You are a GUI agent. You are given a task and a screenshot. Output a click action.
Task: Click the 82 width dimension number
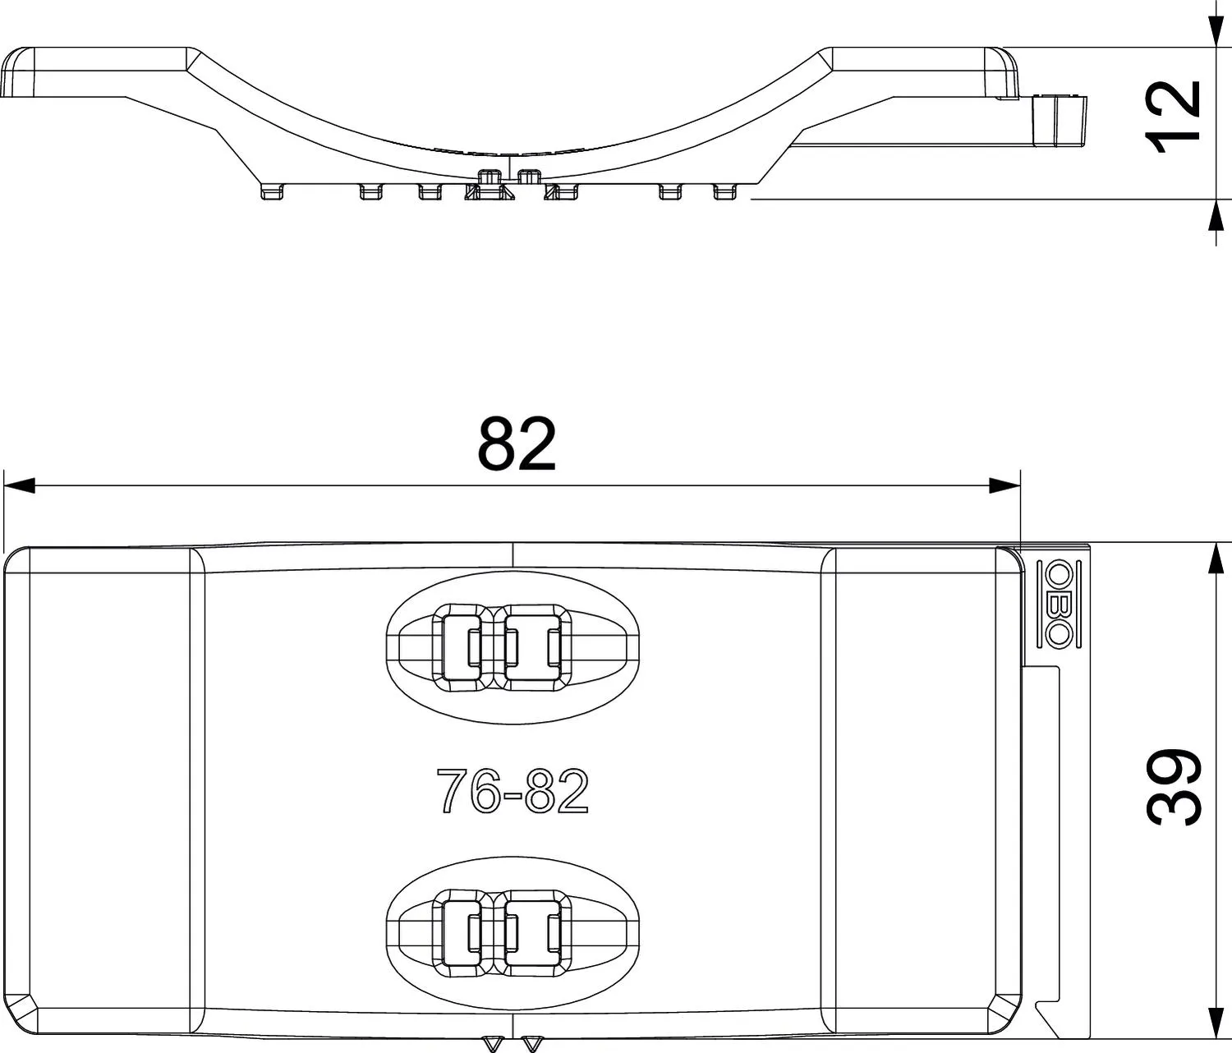tap(517, 444)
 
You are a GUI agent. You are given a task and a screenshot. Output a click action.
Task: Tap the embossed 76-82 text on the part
tap(513, 791)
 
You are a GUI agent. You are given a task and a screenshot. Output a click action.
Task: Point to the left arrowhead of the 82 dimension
tap(20, 485)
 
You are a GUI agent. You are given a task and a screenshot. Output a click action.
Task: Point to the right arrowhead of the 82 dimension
tap(1005, 485)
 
